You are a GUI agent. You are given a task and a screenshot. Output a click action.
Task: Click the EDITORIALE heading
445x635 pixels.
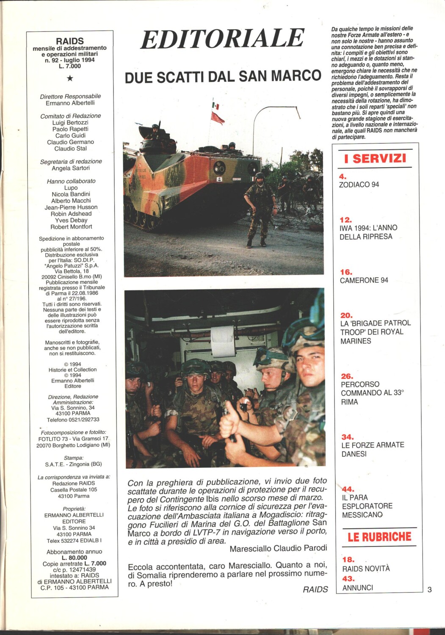(222, 39)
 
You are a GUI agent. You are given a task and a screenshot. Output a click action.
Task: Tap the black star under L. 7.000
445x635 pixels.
(70, 78)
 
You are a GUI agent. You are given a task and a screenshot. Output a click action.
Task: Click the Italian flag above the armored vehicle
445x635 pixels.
(216, 105)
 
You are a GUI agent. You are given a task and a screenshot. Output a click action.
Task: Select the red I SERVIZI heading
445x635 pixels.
(375, 159)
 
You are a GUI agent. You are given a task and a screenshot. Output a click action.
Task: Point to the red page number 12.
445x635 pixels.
(346, 220)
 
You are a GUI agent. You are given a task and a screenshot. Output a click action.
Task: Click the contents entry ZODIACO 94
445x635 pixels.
(359, 185)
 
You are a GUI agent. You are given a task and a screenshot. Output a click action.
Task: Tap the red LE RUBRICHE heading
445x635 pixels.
(379, 537)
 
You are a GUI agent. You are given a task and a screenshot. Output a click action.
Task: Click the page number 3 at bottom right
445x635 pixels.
(429, 589)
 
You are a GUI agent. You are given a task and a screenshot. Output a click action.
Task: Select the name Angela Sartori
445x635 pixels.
(71, 168)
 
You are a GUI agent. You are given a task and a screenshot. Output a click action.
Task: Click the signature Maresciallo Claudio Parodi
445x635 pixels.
(278, 548)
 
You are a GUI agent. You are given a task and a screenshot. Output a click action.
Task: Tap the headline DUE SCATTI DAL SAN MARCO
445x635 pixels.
(223, 76)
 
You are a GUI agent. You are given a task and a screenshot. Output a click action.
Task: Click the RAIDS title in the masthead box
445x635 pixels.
(70, 41)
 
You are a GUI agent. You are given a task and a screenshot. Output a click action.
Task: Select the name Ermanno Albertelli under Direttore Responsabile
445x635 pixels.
(70, 103)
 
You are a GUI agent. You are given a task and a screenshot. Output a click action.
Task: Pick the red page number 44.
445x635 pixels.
(348, 489)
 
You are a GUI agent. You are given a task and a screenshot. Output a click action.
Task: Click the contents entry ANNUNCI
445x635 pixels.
(357, 588)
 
